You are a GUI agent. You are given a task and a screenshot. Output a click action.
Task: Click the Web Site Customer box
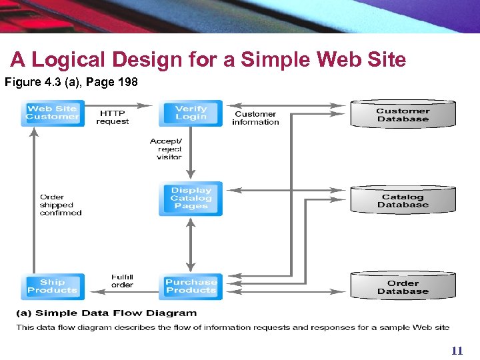pos(52,113)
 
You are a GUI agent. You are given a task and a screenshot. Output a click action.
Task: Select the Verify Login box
pos(191,113)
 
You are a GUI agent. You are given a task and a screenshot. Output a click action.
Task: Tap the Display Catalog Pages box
pos(191,199)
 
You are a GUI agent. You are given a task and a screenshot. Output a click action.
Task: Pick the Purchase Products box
pos(191,286)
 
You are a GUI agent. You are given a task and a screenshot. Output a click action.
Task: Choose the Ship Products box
pos(52,286)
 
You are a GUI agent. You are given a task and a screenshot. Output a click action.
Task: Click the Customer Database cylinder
pos(403,115)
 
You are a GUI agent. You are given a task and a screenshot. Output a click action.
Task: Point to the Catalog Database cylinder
pos(403,200)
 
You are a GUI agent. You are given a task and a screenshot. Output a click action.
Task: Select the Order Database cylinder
pos(403,287)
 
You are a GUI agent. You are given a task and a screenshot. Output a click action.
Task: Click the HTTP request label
pos(112,117)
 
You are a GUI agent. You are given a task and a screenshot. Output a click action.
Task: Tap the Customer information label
pos(255,118)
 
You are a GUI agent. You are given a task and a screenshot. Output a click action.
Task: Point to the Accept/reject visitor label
pos(166,149)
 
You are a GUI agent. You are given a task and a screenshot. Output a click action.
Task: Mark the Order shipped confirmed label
pos(61,205)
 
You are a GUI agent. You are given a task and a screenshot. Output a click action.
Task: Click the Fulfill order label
pos(122,281)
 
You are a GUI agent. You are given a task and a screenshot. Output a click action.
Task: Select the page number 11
pos(457,351)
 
